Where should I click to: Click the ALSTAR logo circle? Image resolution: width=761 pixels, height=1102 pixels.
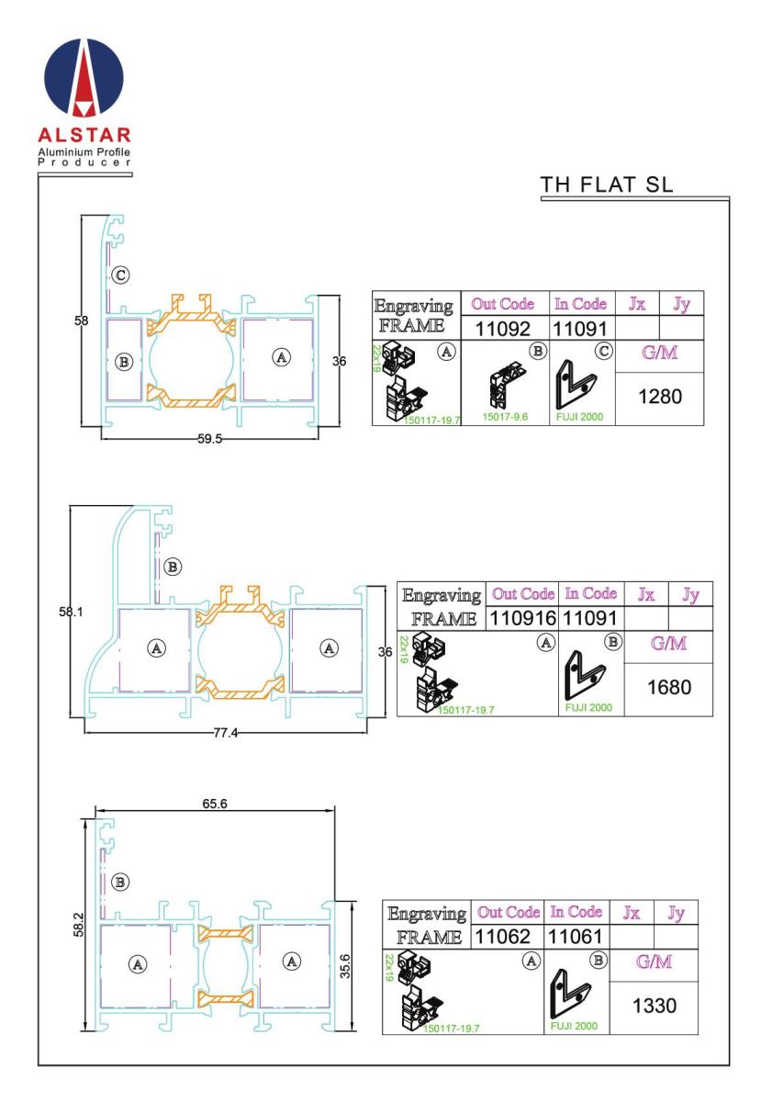point(84,77)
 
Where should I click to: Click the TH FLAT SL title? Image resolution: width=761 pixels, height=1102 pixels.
point(606,185)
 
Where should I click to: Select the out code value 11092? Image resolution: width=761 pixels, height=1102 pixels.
point(502,329)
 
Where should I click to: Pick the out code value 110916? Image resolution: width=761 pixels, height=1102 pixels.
point(522,618)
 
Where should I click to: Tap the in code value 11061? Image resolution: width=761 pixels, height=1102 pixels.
point(575,936)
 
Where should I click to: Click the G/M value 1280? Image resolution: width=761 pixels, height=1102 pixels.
point(660,397)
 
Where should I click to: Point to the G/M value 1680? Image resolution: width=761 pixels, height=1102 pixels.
point(669,687)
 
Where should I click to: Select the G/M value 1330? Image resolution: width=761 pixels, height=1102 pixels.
point(655,1006)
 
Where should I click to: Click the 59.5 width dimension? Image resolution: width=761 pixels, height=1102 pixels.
point(209,439)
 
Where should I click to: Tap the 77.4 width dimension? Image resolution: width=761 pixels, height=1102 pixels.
point(225,733)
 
